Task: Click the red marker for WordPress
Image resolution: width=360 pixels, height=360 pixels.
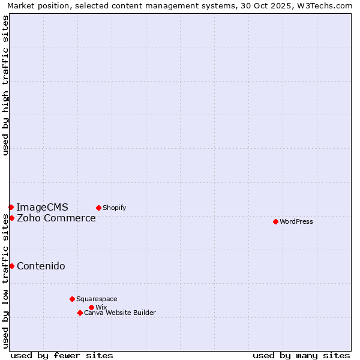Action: (x=275, y=221)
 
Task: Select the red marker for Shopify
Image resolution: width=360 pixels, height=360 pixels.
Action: (x=98, y=208)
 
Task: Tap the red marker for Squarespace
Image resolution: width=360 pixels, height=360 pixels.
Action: (x=72, y=299)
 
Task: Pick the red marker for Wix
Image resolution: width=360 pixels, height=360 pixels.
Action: (x=91, y=307)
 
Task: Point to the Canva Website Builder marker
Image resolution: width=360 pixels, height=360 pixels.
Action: (x=80, y=313)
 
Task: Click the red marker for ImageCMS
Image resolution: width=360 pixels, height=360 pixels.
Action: (x=11, y=207)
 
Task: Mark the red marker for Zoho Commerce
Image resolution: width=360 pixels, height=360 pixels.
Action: (x=11, y=218)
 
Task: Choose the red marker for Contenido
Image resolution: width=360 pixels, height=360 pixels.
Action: (x=11, y=266)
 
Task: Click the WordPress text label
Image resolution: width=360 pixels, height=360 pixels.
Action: (x=296, y=221)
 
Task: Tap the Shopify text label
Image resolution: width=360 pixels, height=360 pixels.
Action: (x=114, y=208)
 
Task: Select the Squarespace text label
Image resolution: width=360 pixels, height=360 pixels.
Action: (x=97, y=299)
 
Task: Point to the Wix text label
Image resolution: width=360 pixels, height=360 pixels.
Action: (x=101, y=307)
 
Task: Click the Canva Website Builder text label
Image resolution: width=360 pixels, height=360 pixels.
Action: (x=119, y=313)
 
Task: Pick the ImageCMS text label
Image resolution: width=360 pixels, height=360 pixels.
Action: (x=42, y=208)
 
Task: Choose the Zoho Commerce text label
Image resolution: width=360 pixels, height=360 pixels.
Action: (x=56, y=218)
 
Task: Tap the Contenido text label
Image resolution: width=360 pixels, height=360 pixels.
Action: (x=41, y=266)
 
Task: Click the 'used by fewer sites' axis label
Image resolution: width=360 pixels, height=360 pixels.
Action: (x=62, y=355)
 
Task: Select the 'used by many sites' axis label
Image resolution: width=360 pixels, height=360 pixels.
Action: (x=301, y=355)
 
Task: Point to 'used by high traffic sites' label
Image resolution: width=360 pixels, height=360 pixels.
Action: (x=6, y=85)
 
